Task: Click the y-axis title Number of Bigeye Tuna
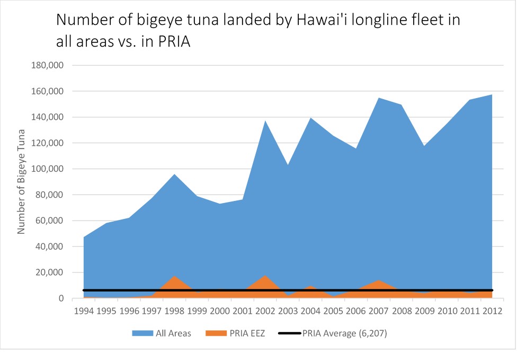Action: (x=22, y=181)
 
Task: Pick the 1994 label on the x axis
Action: (x=84, y=310)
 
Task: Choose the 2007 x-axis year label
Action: (x=379, y=310)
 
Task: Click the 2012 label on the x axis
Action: (x=493, y=310)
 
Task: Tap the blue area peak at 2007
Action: (x=379, y=99)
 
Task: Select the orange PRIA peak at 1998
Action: (x=175, y=277)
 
